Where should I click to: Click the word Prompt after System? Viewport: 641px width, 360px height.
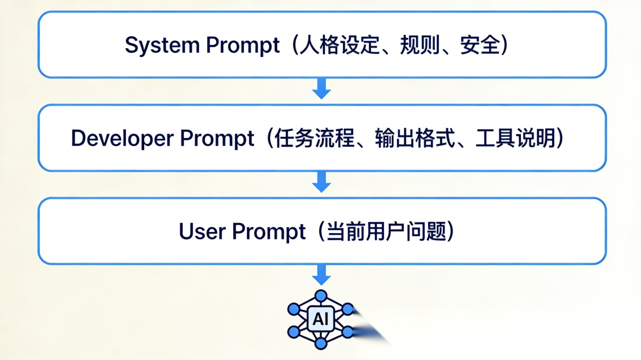click(243, 46)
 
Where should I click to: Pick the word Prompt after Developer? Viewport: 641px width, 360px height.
click(217, 139)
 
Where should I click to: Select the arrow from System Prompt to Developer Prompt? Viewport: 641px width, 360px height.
click(321, 90)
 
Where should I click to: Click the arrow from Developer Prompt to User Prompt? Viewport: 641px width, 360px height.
click(321, 183)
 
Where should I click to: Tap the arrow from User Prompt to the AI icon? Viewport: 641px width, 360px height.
click(321, 275)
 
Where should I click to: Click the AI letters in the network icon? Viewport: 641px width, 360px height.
click(320, 320)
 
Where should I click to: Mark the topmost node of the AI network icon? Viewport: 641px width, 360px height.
click(321, 295)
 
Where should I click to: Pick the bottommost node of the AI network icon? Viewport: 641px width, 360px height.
click(321, 344)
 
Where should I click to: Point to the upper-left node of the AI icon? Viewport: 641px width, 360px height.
click(294, 308)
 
